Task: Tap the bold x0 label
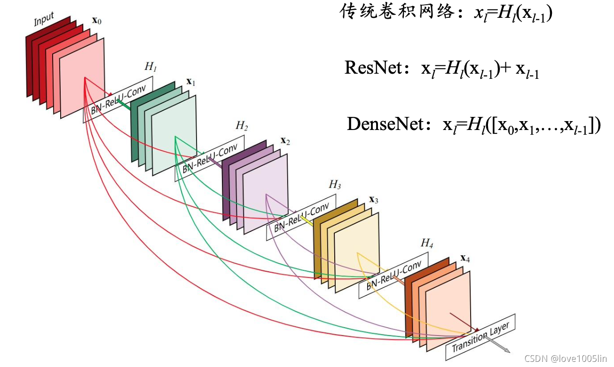coord(96,21)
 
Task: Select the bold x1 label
coord(191,82)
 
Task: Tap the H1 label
coord(150,67)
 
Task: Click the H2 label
coord(242,126)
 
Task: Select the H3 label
coord(334,184)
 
